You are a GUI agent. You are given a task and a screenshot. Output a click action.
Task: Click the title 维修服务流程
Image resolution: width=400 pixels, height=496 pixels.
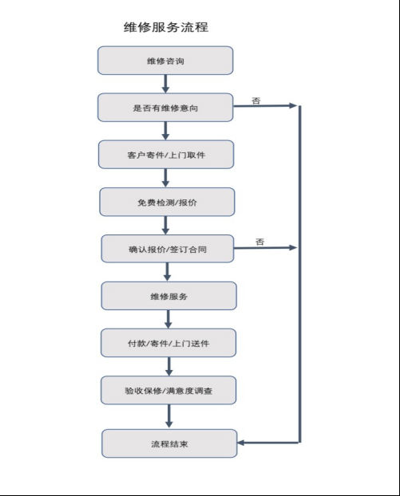[x=166, y=27]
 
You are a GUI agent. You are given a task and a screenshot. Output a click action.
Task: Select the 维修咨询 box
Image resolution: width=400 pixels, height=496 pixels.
[x=165, y=61]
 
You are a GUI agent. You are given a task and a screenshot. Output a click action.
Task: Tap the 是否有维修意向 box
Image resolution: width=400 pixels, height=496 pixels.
[x=165, y=108]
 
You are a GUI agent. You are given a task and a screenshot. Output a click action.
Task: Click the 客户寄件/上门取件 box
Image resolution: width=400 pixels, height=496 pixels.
[x=166, y=155]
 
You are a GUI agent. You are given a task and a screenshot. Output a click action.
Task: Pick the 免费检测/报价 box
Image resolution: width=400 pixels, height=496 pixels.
[x=167, y=202]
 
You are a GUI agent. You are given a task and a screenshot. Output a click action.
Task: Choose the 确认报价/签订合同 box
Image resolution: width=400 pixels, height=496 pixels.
[x=168, y=249]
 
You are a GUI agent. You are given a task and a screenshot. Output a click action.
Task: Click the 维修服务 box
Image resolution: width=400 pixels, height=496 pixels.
[x=168, y=296]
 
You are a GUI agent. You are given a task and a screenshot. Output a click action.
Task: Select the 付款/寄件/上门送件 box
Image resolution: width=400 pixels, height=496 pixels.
[x=168, y=343]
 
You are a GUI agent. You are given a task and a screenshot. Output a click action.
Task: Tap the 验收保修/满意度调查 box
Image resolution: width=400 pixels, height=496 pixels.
[x=168, y=390]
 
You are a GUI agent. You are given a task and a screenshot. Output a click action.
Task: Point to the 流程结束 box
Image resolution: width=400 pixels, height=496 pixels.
[x=169, y=443]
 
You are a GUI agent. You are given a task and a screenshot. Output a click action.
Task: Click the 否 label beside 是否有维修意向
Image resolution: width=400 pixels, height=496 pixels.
[x=256, y=100]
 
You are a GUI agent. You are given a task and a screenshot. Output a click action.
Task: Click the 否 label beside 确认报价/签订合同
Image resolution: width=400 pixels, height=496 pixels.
[x=259, y=242]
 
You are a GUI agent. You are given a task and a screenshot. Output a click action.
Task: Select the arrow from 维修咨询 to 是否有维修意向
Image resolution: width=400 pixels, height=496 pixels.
[x=165, y=85]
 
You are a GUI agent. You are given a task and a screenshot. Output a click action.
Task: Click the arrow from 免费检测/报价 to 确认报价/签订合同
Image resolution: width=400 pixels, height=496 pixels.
[x=165, y=226]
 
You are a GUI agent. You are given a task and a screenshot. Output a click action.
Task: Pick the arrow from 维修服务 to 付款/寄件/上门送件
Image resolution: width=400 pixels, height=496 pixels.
[x=168, y=320]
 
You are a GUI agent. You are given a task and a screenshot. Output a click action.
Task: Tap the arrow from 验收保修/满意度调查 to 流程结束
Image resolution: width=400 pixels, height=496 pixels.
[x=168, y=416]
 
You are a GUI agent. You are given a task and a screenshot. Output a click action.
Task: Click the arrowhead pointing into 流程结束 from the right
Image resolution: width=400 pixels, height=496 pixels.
[x=240, y=443]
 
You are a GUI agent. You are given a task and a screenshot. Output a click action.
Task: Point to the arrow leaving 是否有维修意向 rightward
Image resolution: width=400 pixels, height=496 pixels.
[x=265, y=106]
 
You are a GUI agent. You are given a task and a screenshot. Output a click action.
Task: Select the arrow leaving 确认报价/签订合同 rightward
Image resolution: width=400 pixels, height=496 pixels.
[x=265, y=248]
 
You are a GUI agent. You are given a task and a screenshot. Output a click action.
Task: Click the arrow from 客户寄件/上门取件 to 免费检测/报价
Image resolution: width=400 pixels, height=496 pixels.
[x=165, y=178]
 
